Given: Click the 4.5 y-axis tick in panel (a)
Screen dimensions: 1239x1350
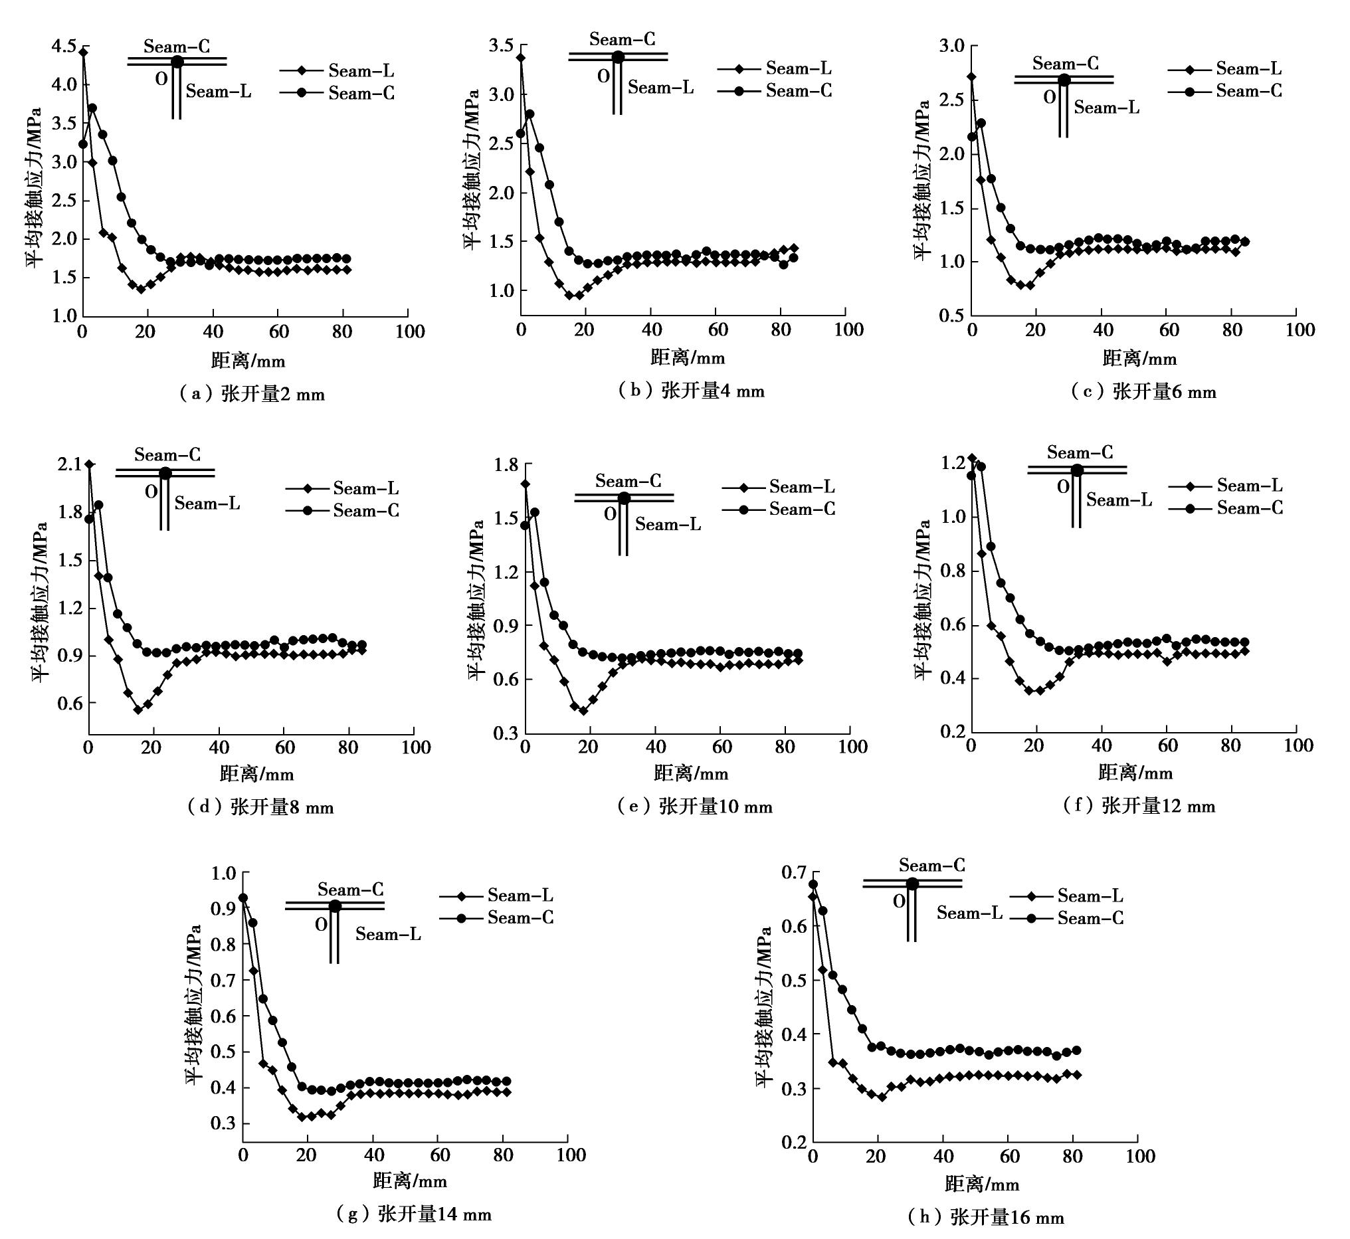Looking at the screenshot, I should pos(64,47).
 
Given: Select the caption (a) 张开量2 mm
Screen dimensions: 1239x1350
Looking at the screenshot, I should pos(251,393).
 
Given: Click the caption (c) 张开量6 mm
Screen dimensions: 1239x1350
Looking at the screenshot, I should pos(1143,391).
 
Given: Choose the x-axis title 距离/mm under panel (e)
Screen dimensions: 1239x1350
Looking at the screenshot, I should pos(690,774).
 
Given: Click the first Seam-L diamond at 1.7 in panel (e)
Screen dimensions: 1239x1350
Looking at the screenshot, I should pos(525,484).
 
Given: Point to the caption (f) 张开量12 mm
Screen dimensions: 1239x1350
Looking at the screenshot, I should pos(1139,806).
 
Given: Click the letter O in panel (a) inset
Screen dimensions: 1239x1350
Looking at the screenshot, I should pos(161,79).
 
